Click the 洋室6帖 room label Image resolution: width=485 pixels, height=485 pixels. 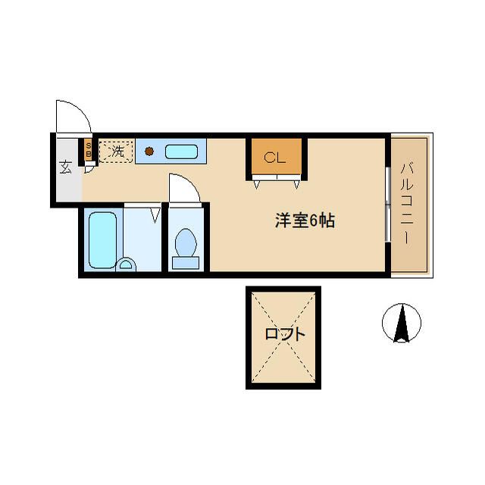coord(304,221)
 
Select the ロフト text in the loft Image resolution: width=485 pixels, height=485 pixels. coord(285,333)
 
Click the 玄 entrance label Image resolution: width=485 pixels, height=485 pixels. coord(66,167)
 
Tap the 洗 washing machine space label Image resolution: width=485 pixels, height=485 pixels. coord(117,151)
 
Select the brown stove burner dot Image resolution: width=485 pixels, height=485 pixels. coord(150,151)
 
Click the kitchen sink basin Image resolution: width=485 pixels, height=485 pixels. coord(181,151)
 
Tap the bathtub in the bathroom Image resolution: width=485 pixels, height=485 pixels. coord(102,239)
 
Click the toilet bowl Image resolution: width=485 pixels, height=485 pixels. coord(185,244)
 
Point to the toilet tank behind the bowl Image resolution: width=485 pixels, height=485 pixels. coord(185,263)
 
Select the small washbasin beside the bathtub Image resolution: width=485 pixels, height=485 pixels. coord(127,264)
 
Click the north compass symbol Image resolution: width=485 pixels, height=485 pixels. coord(401,323)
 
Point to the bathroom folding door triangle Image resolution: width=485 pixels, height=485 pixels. coord(156,214)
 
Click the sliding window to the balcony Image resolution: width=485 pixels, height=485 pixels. coord(388,205)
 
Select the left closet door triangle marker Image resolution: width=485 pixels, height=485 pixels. coord(259,183)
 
